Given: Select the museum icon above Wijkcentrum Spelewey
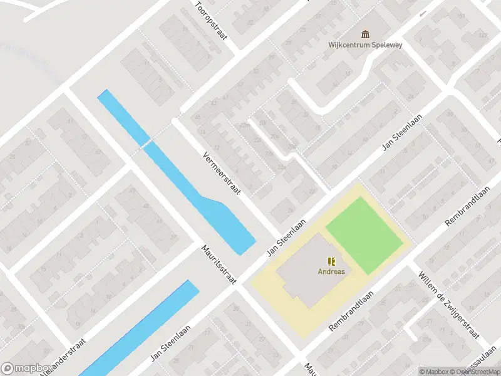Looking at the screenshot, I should click(x=365, y=34).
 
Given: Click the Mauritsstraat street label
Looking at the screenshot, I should click(x=219, y=265).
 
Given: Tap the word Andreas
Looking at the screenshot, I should click(x=331, y=271).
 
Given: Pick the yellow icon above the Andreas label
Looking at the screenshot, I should click(x=331, y=261).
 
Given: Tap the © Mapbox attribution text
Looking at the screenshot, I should click(x=434, y=371).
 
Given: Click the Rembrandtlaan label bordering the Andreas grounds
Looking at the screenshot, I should click(x=350, y=311).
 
